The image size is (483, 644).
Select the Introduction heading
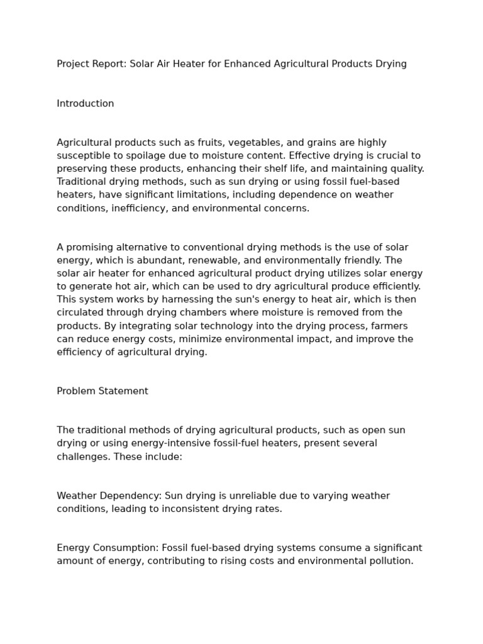pos(86,104)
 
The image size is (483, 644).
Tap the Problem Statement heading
pos(103,391)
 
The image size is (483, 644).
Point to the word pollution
pos(392,561)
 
